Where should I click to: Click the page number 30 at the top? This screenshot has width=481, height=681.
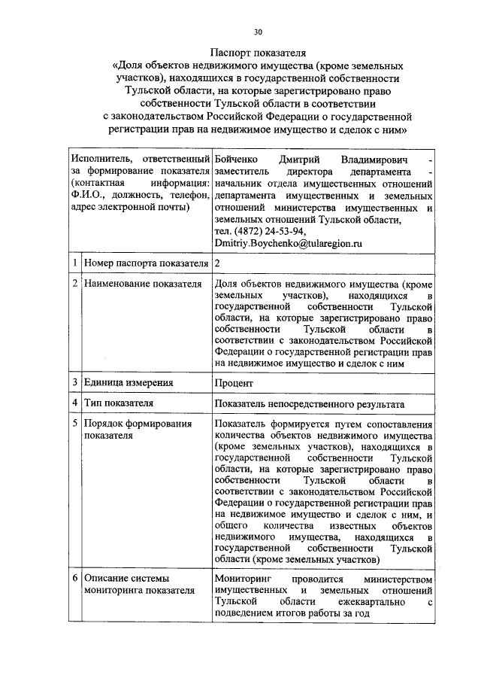258,32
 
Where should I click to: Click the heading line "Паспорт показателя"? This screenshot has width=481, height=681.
258,53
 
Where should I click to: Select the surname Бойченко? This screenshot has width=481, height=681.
237,160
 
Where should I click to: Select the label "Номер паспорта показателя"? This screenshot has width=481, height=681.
146,263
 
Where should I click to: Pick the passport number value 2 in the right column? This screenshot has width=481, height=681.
217,263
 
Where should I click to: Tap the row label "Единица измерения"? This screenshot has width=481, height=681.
123,382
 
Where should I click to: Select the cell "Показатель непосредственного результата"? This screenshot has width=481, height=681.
309,403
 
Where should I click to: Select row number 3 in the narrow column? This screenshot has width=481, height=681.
74,382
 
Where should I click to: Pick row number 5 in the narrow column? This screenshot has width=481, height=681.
74,424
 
